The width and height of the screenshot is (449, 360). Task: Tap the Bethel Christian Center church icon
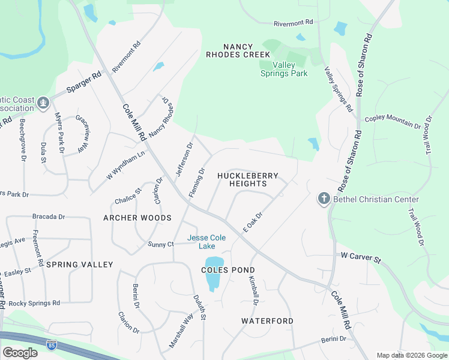(324, 199)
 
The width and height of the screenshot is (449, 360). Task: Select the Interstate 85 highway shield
(52, 345)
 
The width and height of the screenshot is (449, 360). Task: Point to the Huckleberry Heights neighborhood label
(248, 179)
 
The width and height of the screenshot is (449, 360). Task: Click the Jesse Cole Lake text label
(206, 242)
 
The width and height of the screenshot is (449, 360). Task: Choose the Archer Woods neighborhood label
(137, 218)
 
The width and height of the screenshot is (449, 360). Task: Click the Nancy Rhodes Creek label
(238, 50)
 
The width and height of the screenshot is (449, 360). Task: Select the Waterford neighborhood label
(267, 321)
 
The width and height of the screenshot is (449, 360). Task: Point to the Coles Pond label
(228, 270)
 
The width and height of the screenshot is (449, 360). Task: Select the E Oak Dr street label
(253, 222)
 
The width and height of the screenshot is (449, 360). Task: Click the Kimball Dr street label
(254, 292)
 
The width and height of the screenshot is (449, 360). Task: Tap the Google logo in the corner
(20, 353)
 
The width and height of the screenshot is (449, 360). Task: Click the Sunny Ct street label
(161, 244)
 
